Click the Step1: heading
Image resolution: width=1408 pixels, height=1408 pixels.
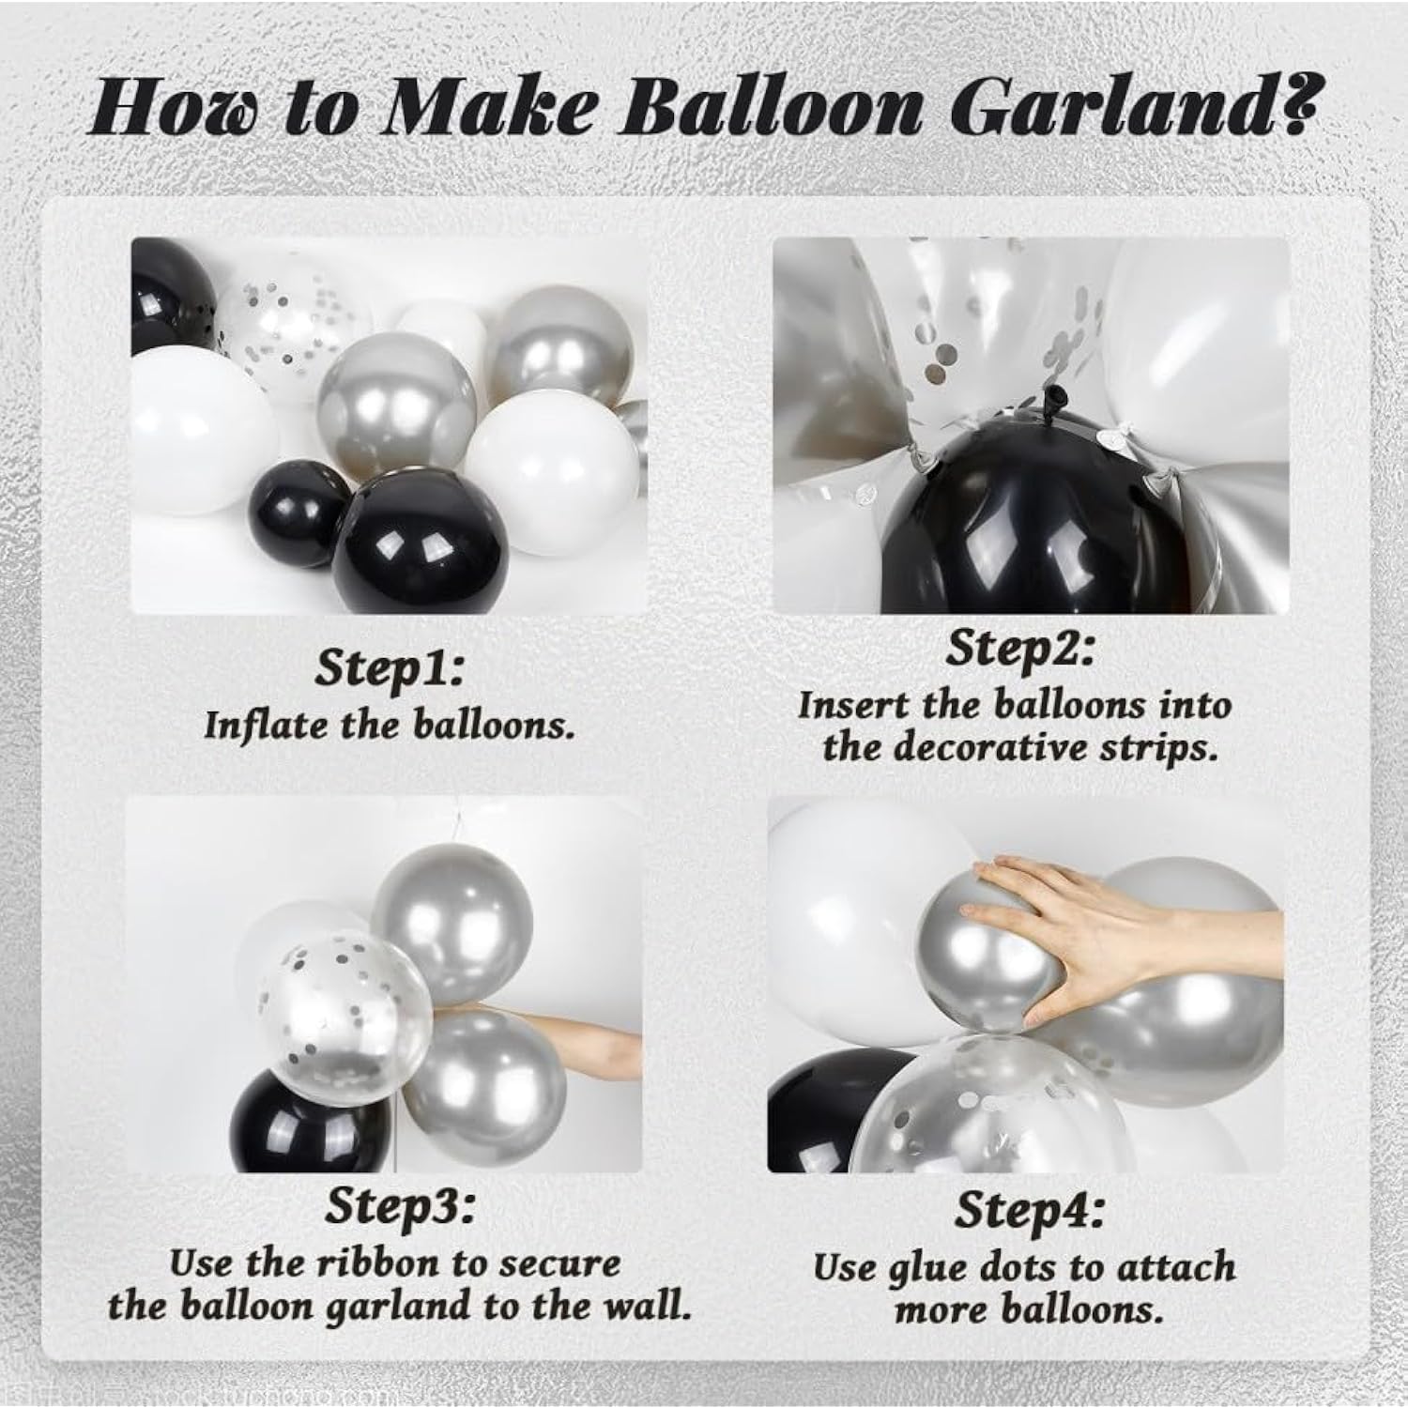390,668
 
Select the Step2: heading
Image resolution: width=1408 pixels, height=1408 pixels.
1020,650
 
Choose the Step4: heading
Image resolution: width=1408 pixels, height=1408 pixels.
1029,1212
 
